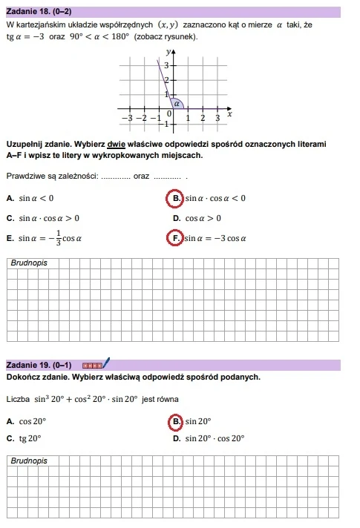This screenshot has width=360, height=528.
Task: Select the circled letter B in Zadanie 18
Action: (176, 198)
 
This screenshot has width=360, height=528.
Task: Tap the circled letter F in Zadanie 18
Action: (176, 239)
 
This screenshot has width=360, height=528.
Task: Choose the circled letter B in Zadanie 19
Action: (176, 421)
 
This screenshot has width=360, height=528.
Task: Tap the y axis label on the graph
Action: (168, 52)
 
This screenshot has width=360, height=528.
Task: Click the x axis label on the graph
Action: (229, 114)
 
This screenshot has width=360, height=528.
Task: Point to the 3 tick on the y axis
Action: (166, 67)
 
